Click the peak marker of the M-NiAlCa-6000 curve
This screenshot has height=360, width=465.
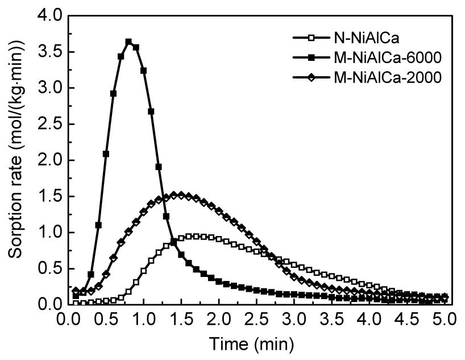(x=128, y=42)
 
